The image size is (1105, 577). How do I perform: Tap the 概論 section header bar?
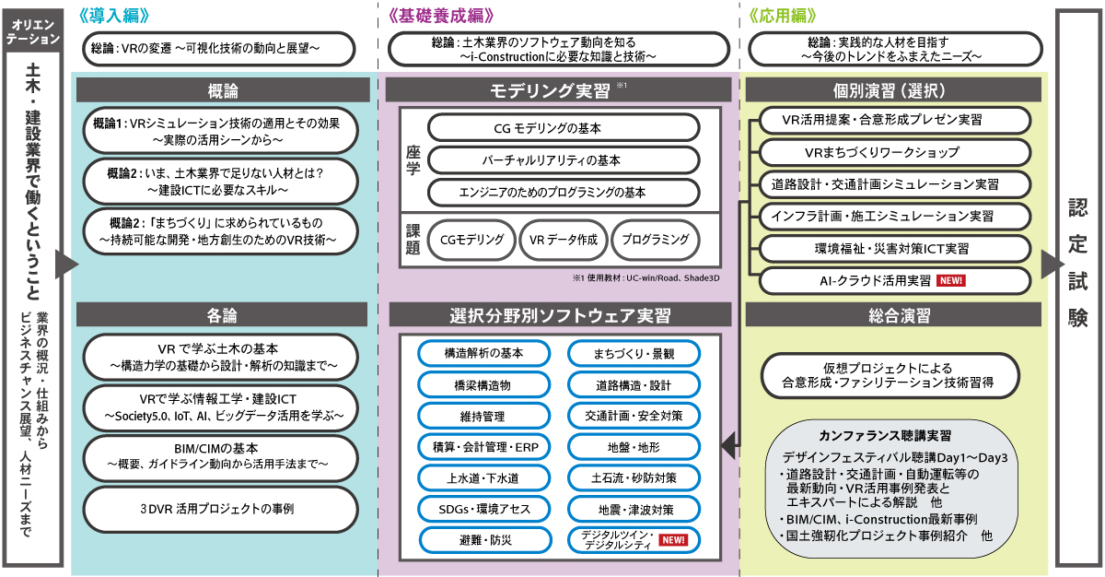pyautogui.click(x=223, y=90)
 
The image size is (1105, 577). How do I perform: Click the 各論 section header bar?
pyautogui.click(x=223, y=314)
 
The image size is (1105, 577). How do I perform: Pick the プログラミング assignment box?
pyautogui.click(x=655, y=240)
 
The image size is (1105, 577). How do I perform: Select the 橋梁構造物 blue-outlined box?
pyautogui.click(x=483, y=384)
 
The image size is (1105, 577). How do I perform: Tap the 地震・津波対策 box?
pyautogui.click(x=634, y=509)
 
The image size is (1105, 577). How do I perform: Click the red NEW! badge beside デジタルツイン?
pyautogui.click(x=672, y=540)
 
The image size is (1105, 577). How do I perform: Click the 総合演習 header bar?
pyautogui.click(x=893, y=316)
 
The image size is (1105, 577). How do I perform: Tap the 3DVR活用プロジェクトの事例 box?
pyautogui.click(x=221, y=509)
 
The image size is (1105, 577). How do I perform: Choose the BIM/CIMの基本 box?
pyautogui.click(x=221, y=455)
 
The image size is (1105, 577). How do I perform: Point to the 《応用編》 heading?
pyautogui.click(x=782, y=16)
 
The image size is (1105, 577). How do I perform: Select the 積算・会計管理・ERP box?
pyautogui.click(x=483, y=447)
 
